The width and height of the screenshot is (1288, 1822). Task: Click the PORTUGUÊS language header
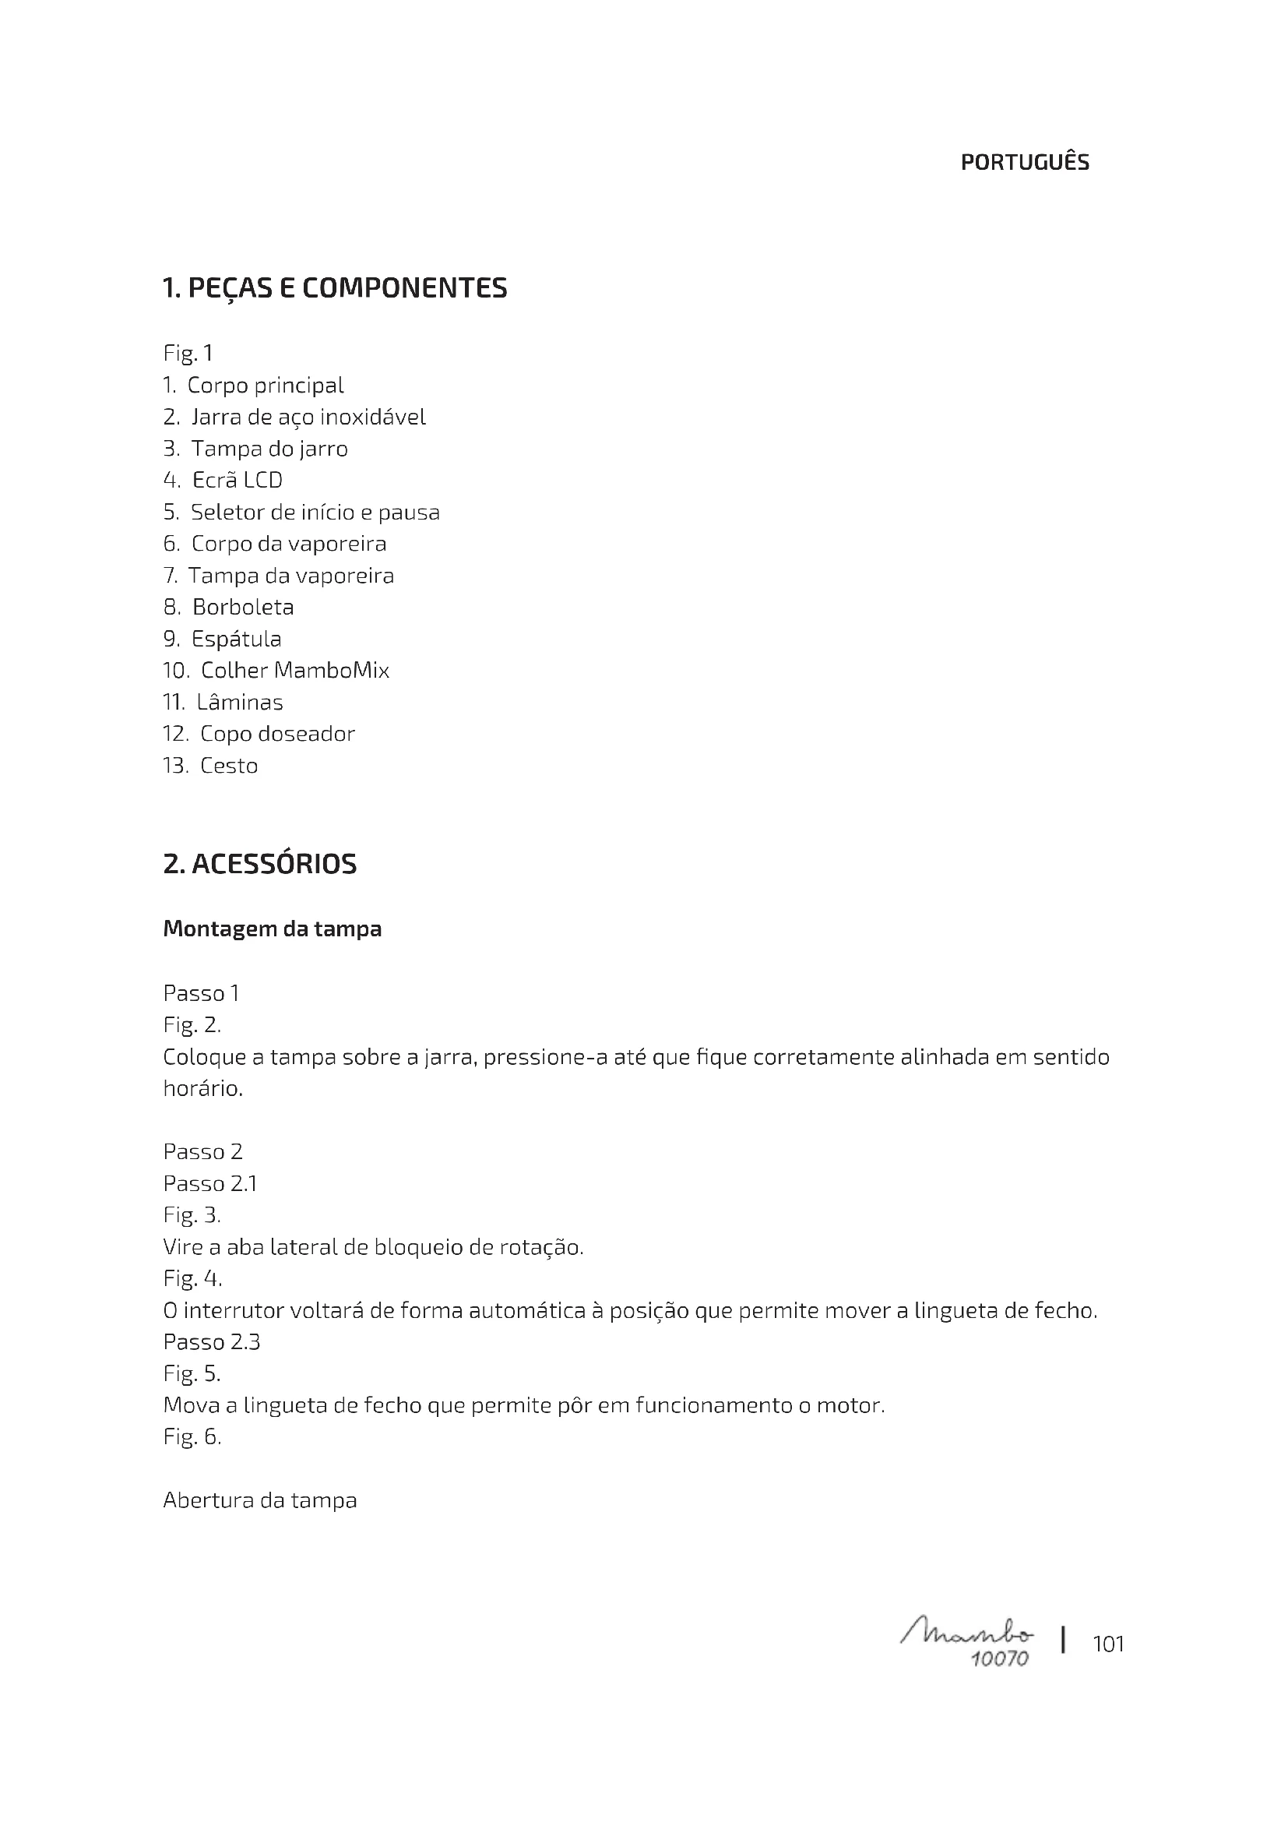click(1025, 163)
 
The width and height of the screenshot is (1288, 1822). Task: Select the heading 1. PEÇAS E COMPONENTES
click(334, 288)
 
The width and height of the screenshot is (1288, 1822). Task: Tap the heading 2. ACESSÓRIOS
click(259, 864)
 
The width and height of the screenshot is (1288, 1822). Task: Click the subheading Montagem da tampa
click(272, 929)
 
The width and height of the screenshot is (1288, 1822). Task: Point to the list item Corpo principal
click(265, 386)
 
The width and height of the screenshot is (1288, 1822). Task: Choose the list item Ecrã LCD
click(238, 481)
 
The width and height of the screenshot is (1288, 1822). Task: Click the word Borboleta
click(243, 608)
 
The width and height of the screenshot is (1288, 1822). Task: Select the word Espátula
click(237, 640)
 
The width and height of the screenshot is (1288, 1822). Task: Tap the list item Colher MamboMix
click(294, 671)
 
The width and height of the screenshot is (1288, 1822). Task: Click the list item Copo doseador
click(276, 735)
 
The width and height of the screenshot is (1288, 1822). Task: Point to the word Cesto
click(228, 767)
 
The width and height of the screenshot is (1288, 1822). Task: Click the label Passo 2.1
click(210, 1184)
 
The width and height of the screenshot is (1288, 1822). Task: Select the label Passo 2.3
click(212, 1342)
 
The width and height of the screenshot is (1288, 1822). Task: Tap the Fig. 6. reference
click(192, 1437)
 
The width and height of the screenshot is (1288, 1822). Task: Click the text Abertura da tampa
click(260, 1500)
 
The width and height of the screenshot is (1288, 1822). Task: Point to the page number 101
click(1108, 1644)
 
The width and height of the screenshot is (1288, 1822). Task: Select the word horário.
click(202, 1089)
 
